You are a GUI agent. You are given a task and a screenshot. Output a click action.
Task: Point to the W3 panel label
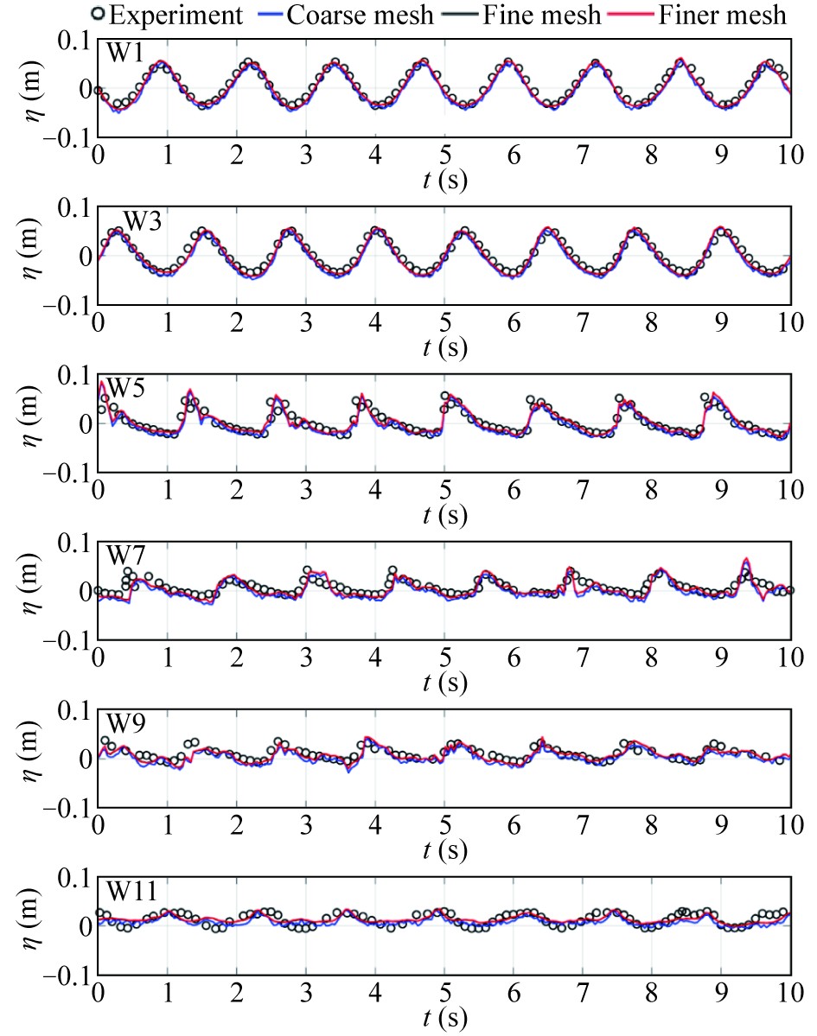pyautogui.click(x=141, y=220)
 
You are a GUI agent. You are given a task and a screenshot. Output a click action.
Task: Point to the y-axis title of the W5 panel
pyautogui.click(x=33, y=423)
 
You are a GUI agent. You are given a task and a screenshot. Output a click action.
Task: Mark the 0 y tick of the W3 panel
pyautogui.click(x=85, y=256)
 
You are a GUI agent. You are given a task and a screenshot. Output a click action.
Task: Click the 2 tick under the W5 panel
pyautogui.click(x=236, y=489)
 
